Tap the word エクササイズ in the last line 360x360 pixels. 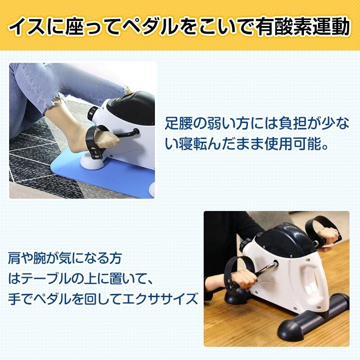[159, 298]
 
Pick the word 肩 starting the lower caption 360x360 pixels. [14, 258]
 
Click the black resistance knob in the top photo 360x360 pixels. [93, 113]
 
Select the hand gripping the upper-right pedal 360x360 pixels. [328, 235]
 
